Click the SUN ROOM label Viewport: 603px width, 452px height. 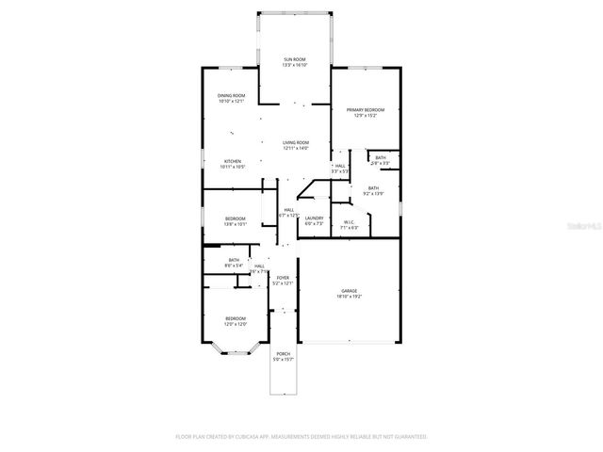coord(294,60)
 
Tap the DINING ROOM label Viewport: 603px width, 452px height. coord(231,95)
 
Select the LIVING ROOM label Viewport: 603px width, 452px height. coord(296,142)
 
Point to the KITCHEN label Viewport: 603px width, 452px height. coord(232,160)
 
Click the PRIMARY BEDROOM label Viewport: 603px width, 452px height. coord(365,110)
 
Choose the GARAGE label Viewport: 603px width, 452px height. coord(349,291)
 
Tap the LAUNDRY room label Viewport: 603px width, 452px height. coord(314,218)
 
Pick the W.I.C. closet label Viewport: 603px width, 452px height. coord(349,222)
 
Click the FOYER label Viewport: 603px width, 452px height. coord(283,278)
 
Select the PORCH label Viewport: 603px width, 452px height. coord(283,354)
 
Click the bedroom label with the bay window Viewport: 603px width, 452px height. coord(236,319)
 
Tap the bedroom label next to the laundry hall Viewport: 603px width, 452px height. coord(235,218)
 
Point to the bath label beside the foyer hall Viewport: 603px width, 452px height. coord(233,260)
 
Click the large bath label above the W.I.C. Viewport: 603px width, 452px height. coord(373,188)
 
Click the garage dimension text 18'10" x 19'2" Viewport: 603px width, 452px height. coord(349,297)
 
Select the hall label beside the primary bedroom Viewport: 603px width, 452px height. coord(339,166)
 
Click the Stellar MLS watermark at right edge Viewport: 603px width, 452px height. coord(583,226)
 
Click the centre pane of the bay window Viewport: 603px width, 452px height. coord(236,355)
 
